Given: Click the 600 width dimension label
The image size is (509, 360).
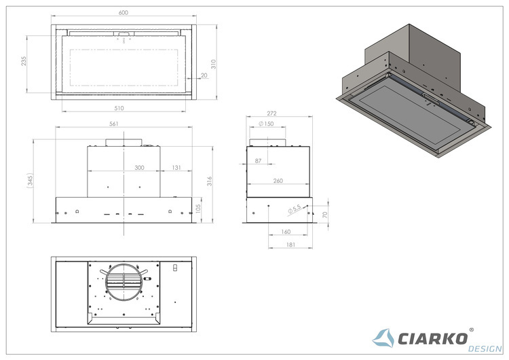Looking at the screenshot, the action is [124, 13].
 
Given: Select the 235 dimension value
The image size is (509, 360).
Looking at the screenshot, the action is [24, 61].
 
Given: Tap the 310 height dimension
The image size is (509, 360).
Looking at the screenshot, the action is [213, 64].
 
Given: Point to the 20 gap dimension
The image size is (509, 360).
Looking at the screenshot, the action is [204, 75].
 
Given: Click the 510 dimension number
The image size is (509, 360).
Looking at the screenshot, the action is [119, 108].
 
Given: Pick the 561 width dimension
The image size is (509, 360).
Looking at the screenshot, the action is [114, 124].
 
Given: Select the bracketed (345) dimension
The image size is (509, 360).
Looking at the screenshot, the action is [30, 181].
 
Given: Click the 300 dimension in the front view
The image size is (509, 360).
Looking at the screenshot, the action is [139, 168].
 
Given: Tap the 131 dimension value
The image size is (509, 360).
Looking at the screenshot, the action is [176, 168].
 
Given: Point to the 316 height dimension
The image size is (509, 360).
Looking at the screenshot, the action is [210, 181].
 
